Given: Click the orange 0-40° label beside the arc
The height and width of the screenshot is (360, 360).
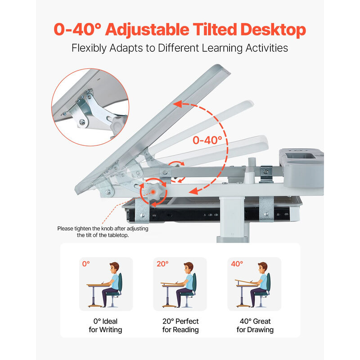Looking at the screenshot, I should (207, 140).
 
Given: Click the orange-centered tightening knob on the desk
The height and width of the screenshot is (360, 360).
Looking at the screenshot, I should (153, 192).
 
